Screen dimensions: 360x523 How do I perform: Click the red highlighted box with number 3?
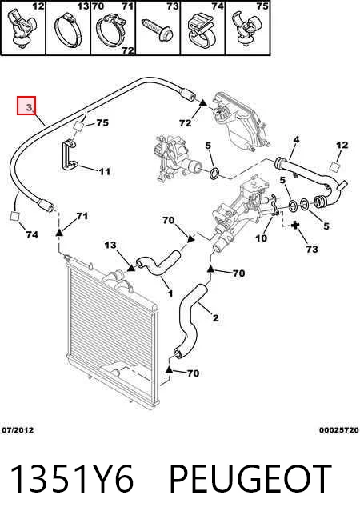pos(26,106)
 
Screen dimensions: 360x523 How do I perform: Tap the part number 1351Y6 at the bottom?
pos(72,478)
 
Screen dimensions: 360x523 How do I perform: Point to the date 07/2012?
pos(18,430)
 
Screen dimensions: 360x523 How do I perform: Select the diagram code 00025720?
pos(338,430)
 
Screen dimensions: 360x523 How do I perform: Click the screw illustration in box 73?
pos(158,30)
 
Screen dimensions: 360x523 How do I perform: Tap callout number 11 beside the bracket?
pos(104,171)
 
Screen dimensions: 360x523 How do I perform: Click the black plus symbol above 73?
pos(295,226)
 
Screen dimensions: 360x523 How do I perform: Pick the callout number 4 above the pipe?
pos(296,140)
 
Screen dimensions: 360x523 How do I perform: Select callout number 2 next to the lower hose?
pos(215,317)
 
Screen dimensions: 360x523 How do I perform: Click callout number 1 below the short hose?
pos(170,293)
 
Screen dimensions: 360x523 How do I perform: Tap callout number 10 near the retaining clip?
pos(261,238)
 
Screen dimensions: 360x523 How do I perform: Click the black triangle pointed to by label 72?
pos(202,103)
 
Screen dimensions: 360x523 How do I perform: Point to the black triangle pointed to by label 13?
pos(130,268)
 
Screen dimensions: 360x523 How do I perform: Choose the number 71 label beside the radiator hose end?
pos(82,216)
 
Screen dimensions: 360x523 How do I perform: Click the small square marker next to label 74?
pos(15,216)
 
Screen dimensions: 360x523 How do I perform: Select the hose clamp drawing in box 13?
pos(68,30)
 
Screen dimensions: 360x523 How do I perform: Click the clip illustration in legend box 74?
pos(202,30)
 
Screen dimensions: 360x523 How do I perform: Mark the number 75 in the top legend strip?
pos(262,6)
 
